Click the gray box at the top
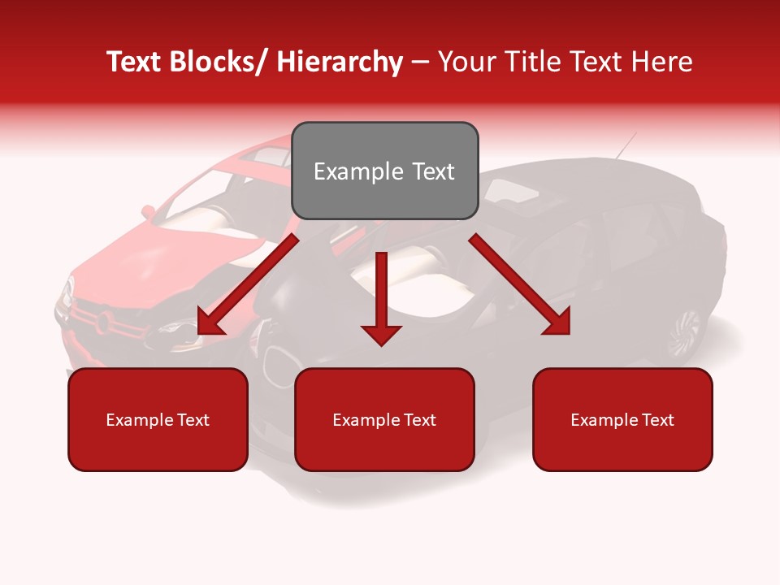384,171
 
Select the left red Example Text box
158,420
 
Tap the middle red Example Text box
384,420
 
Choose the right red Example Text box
622,420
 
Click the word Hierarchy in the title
340,62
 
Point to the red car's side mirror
149,212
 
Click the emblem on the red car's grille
103,322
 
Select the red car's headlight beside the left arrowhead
175,328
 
